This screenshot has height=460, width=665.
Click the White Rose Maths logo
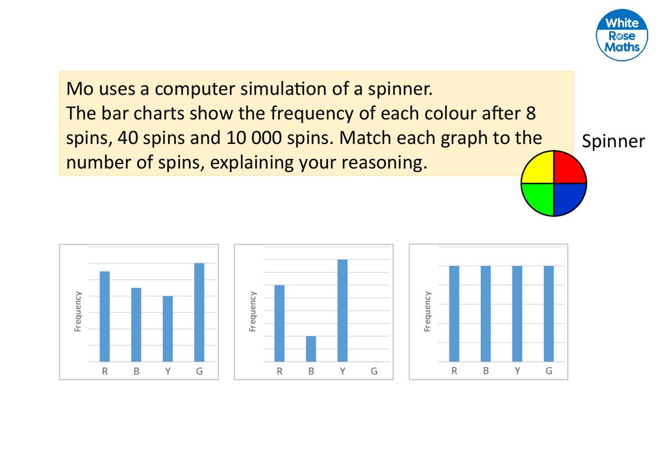point(621,36)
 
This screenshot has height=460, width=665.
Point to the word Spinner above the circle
point(613,141)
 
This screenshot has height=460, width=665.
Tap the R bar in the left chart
point(105,316)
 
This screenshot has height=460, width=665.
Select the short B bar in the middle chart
point(311,348)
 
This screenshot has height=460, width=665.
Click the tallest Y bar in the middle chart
point(342,310)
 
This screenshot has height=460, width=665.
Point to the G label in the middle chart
point(374,372)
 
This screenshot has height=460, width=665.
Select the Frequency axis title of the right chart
point(427,311)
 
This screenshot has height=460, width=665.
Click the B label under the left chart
point(136,372)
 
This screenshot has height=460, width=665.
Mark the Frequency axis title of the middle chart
point(253,311)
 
